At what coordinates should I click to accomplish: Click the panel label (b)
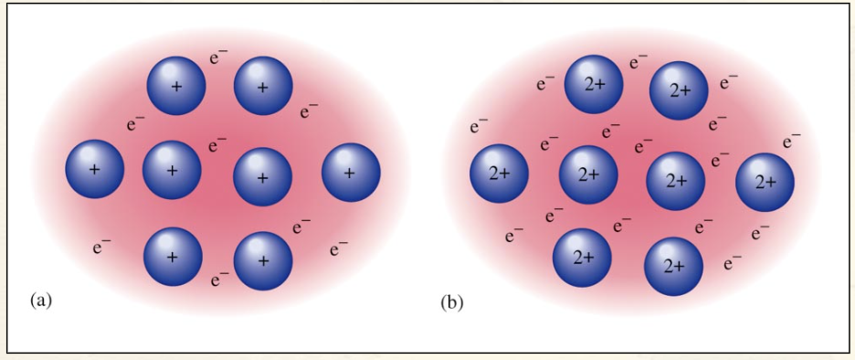451,301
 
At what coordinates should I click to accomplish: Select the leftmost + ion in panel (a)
95,170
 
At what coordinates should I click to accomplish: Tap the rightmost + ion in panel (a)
352,171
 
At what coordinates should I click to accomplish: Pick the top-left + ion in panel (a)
176,86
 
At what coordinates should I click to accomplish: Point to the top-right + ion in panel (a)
263,87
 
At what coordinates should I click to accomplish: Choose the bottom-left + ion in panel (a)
173,257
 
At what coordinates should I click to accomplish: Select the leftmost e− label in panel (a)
102,245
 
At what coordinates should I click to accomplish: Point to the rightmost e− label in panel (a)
339,247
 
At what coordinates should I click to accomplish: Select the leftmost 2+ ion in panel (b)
499,174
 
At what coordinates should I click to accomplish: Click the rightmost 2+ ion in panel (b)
765,182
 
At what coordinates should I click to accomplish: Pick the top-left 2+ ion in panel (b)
595,84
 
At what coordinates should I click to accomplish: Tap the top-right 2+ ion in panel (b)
679,91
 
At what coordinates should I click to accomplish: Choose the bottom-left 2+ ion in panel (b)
583,257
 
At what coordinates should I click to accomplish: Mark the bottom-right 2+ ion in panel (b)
674,266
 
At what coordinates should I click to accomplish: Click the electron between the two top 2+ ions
638,63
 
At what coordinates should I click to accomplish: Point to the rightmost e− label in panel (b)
792,141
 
